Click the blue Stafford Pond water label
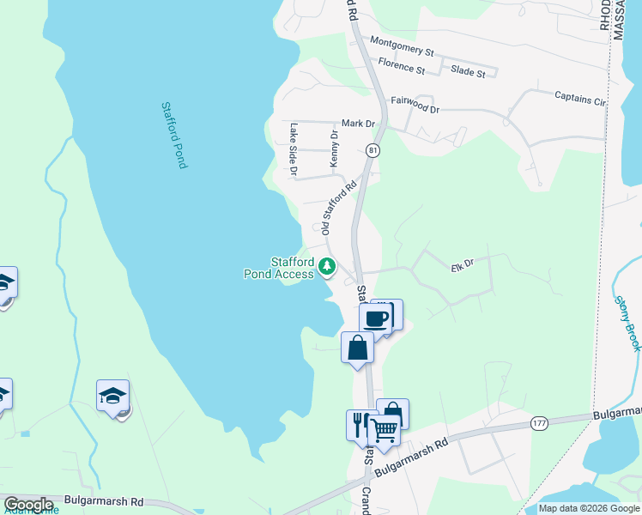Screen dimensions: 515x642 point(174,135)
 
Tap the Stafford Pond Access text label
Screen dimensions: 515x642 point(281,268)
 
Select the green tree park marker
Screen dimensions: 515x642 point(326,267)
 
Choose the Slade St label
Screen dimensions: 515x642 point(468,73)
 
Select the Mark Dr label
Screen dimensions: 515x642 point(359,124)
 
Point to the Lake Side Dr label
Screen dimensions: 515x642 point(294,148)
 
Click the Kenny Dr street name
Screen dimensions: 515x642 point(335,148)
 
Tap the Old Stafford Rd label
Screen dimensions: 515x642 point(338,208)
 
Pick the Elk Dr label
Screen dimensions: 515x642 point(462,266)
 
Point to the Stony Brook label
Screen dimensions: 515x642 point(627,323)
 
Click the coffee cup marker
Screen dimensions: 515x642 point(375,318)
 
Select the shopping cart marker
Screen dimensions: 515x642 point(385,429)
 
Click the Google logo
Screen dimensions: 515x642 point(27,505)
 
